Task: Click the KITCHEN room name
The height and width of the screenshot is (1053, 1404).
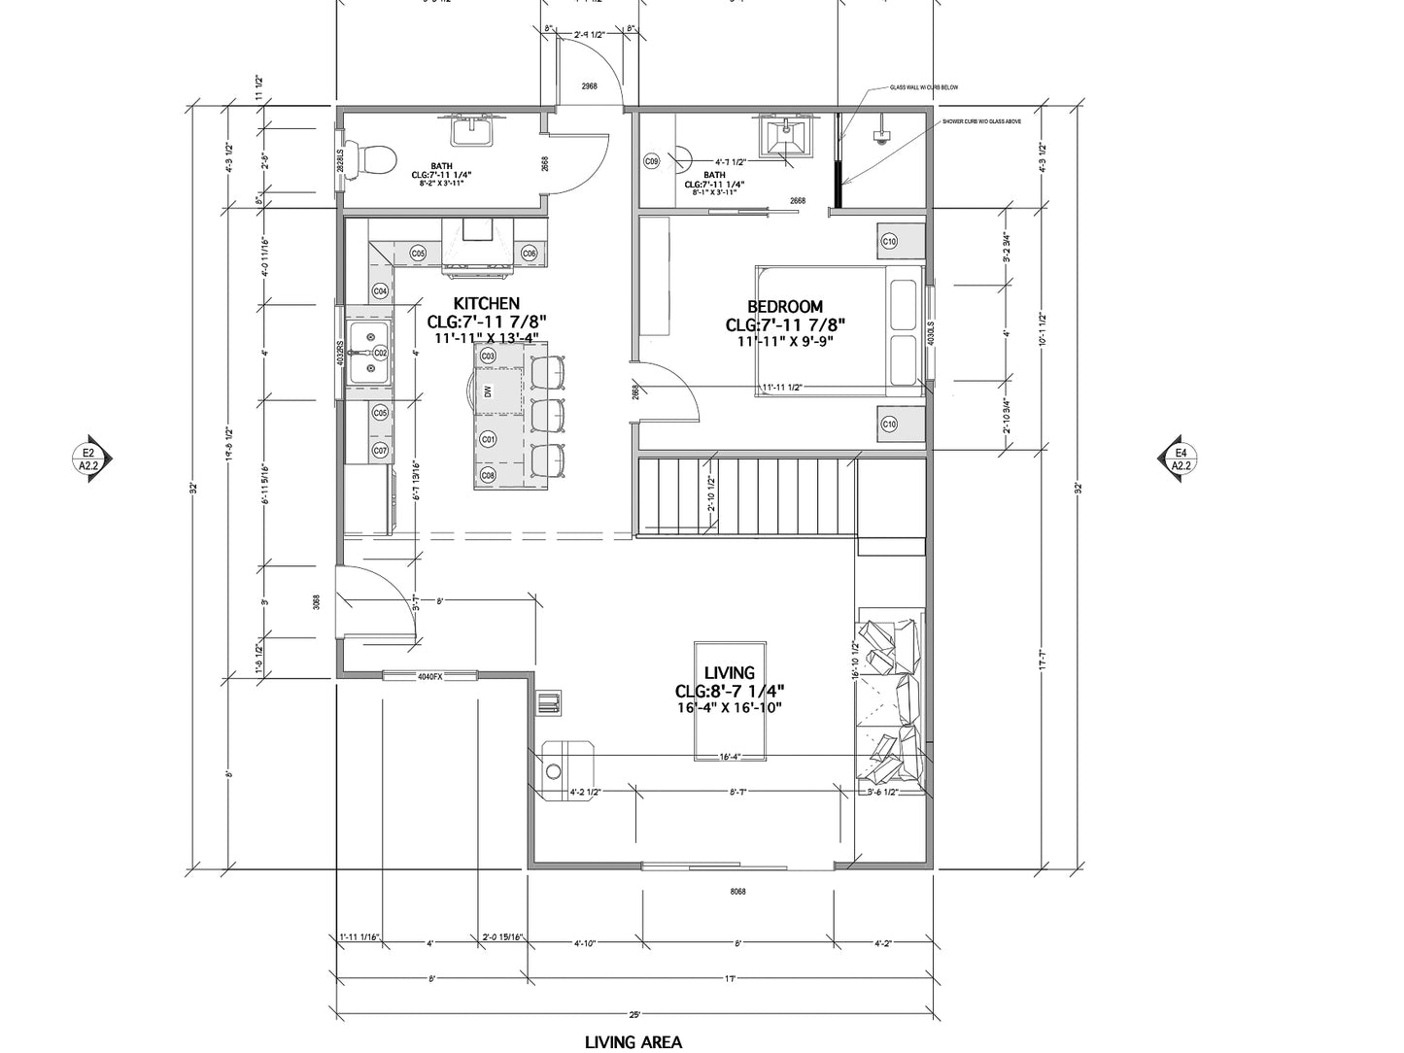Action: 487,303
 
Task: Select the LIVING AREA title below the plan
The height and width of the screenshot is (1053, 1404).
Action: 633,1042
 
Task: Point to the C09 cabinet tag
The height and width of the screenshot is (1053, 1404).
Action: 652,160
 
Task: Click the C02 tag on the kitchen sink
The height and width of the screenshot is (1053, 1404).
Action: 381,353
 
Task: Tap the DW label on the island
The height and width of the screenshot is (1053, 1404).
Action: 489,391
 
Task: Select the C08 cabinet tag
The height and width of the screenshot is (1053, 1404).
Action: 488,475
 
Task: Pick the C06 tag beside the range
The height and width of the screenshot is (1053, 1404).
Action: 530,253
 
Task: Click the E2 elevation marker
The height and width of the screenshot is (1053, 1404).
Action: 89,459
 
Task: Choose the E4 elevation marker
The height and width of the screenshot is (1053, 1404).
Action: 1181,459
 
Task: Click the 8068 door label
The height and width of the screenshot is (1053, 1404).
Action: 737,891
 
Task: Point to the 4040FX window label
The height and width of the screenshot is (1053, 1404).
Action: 429,676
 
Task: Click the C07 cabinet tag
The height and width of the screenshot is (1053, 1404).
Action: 381,451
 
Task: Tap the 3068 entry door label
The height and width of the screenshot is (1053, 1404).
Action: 317,602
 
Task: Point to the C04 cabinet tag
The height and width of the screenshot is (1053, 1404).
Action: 381,290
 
